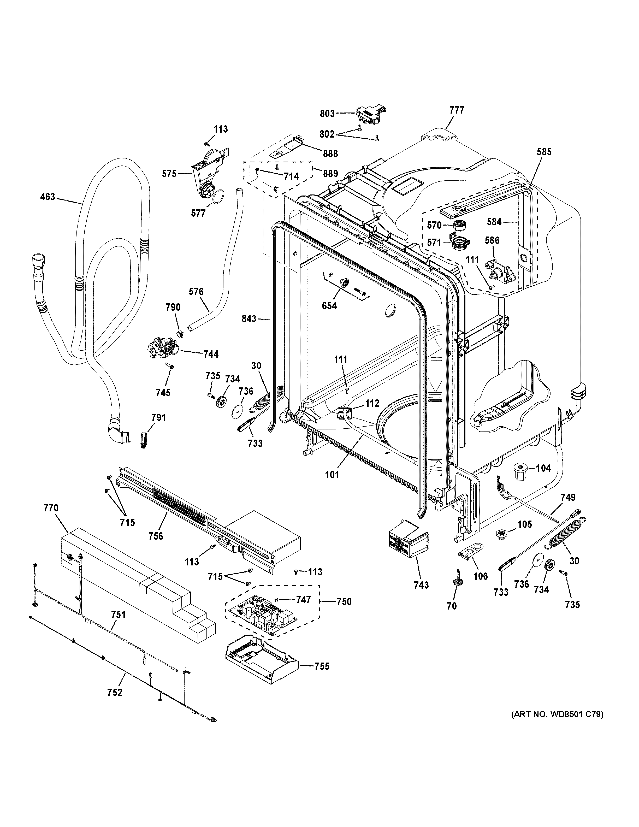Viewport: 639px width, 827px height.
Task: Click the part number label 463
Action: pyautogui.click(x=48, y=197)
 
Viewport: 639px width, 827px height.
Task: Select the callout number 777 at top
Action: pyautogui.click(x=457, y=110)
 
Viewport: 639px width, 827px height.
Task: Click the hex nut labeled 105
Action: pyautogui.click(x=502, y=535)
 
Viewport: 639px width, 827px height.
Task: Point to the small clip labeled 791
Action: pyautogui.click(x=144, y=440)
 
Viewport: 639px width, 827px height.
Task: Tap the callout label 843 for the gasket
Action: pyautogui.click(x=249, y=319)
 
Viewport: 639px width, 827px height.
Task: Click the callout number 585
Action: pyautogui.click(x=544, y=152)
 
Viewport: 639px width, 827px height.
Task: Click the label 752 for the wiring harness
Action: pyautogui.click(x=115, y=703)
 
